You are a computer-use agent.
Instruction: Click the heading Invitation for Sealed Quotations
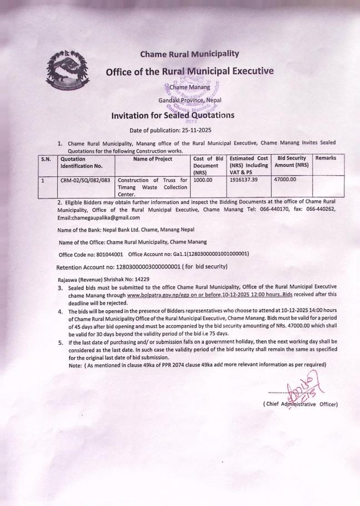pos(173,116)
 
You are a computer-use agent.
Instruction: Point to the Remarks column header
pos(326,158)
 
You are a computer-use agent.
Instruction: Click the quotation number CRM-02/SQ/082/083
pos(85,180)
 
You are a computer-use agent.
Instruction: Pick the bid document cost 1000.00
pos(206,180)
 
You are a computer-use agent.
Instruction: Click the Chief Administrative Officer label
pos(300,404)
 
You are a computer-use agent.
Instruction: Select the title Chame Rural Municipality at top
pos(189,54)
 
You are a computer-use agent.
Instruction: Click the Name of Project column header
pos(153,158)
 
